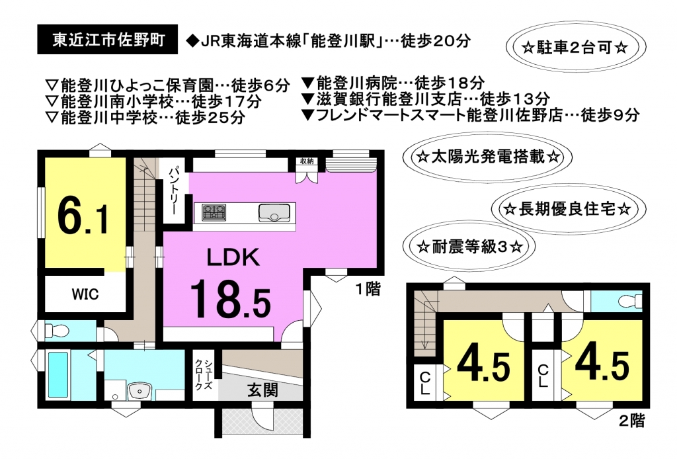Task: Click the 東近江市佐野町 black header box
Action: [x=108, y=39]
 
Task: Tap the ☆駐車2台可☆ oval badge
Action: [x=575, y=47]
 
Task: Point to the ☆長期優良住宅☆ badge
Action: [x=568, y=210]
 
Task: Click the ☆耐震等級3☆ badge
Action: [x=469, y=247]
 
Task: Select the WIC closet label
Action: [x=85, y=294]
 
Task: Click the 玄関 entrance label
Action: [x=262, y=390]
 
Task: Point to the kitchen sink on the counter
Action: [x=274, y=212]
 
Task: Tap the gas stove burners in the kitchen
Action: [x=214, y=212]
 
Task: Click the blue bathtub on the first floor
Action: [x=58, y=374]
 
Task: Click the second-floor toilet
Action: [x=629, y=300]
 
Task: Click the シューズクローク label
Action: [x=203, y=374]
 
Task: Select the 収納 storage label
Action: [x=307, y=161]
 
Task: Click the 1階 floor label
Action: [x=368, y=289]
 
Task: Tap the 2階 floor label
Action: [x=632, y=420]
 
